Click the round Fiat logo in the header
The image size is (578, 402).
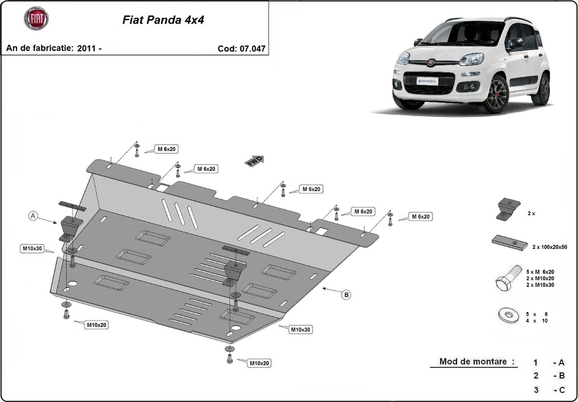(36, 18)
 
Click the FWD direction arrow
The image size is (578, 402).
(255, 161)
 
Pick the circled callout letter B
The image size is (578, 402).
(346, 295)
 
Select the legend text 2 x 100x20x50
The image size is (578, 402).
(550, 247)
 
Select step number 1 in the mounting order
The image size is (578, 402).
(536, 363)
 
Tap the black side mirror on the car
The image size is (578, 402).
(515, 43)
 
